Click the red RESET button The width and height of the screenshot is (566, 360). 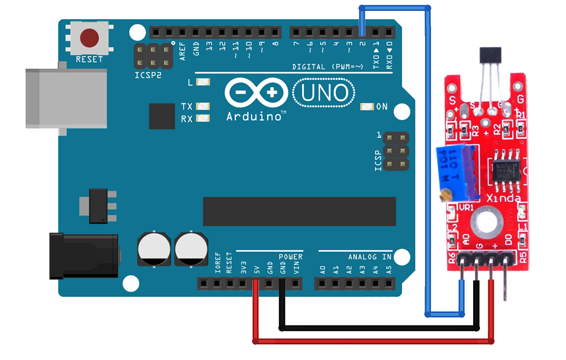[89, 38]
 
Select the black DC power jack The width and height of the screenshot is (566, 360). [83, 256]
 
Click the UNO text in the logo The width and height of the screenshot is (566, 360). [324, 93]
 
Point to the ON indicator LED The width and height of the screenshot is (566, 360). [367, 106]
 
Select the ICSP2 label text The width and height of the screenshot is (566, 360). [148, 74]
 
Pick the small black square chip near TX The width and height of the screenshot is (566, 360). [162, 116]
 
